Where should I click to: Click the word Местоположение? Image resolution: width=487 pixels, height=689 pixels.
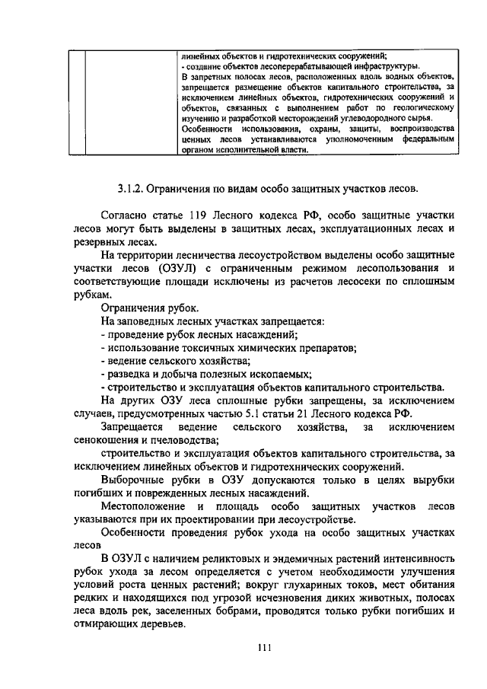[148, 506]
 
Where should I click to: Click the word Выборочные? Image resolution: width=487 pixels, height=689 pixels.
[136, 479]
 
